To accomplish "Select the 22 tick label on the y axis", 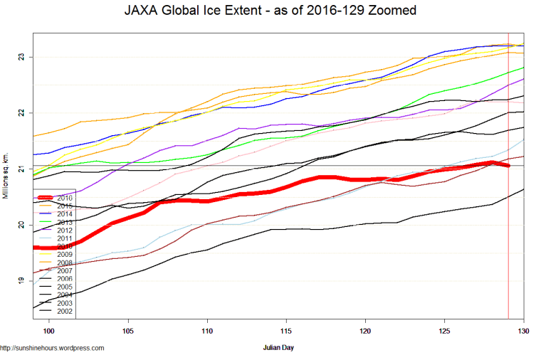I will pyautogui.click(x=22, y=113).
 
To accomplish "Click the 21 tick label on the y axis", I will pyautogui.click(x=22, y=169).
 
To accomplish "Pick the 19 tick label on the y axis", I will pyautogui.click(x=22, y=281).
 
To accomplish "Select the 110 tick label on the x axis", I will pyautogui.click(x=207, y=331).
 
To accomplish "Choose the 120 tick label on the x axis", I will pyautogui.click(x=365, y=331).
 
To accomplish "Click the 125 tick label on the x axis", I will pyautogui.click(x=445, y=331).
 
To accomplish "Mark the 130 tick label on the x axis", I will pyautogui.click(x=523, y=331).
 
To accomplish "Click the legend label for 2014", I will pyautogui.click(x=65, y=213).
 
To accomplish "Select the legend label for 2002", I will pyautogui.click(x=65, y=312).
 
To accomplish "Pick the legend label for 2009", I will pyautogui.click(x=65, y=255).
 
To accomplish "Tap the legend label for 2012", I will pyautogui.click(x=65, y=230).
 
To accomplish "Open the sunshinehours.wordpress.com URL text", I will pyautogui.click(x=53, y=348).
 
